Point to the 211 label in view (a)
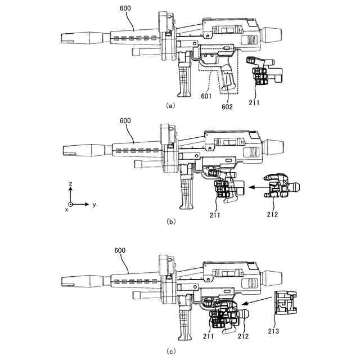(256, 103)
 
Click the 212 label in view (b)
(272, 214)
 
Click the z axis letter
(70, 184)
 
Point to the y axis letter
(94, 205)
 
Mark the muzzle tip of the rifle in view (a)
(64, 38)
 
